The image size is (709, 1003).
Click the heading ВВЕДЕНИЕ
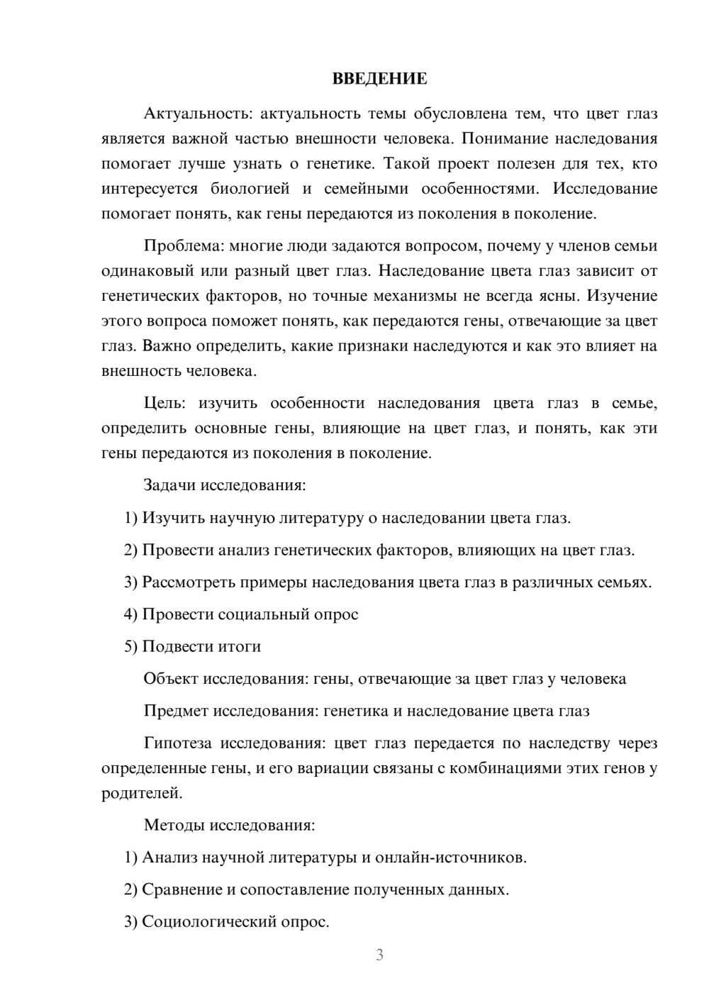(x=379, y=79)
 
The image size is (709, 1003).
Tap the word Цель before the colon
(x=164, y=404)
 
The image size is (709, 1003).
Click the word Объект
(x=170, y=679)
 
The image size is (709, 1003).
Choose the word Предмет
(x=175, y=711)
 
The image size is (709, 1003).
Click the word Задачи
(x=169, y=486)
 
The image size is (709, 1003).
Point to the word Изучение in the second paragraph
(x=622, y=296)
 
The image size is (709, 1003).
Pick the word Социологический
(x=208, y=922)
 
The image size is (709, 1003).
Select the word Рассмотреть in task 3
(x=188, y=582)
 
